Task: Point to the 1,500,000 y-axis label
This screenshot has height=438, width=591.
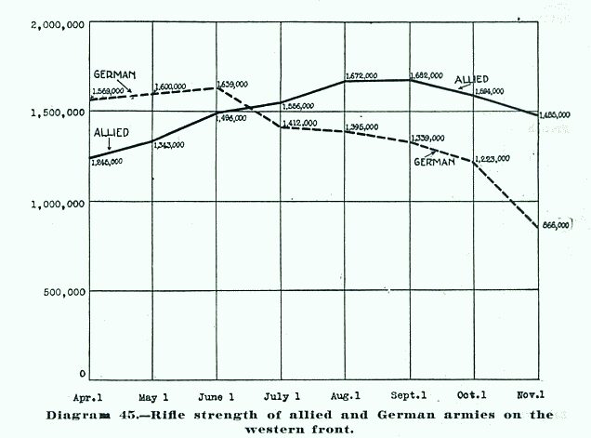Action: coord(58,113)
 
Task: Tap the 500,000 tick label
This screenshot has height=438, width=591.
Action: coord(63,291)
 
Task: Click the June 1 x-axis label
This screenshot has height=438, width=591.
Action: coord(217,394)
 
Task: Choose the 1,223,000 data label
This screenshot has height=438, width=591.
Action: coord(491,158)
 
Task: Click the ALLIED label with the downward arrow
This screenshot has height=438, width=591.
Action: coord(112,132)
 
